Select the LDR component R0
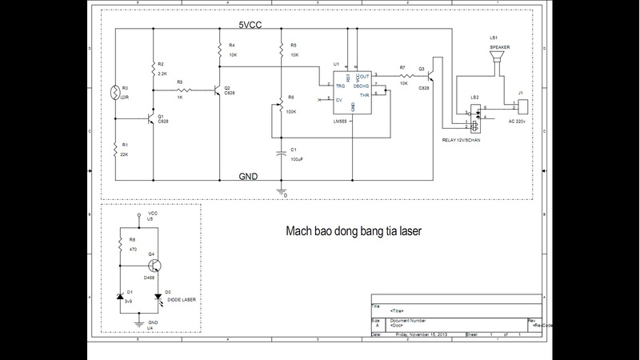pyautogui.click(x=115, y=91)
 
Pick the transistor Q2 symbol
pyautogui.click(x=217, y=90)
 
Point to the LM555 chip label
pyautogui.click(x=340, y=122)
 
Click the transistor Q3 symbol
pyautogui.click(x=432, y=77)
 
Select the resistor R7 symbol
pyautogui.click(x=402, y=76)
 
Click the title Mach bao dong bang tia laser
pyautogui.click(x=354, y=232)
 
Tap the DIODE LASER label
pyautogui.click(x=181, y=299)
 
